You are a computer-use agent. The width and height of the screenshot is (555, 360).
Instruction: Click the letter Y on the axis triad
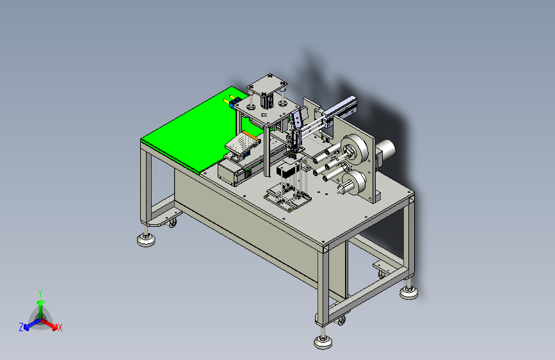pos(40,293)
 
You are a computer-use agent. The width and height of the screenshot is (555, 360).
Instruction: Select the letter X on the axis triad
pos(60,328)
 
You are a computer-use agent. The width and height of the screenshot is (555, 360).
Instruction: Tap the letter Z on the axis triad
pos(21,327)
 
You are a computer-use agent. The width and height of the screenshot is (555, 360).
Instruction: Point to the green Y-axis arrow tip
pos(41,302)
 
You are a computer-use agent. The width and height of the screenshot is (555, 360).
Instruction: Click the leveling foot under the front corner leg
pos(323,342)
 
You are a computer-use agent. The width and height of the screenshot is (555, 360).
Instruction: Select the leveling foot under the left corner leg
pos(146,240)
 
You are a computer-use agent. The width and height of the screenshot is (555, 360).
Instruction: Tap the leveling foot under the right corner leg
pos(409,293)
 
